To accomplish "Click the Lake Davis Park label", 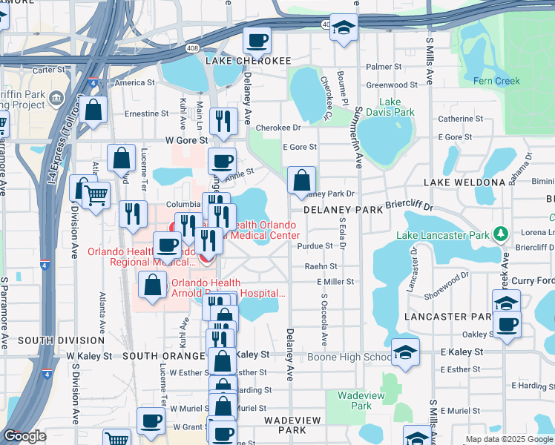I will (x=396, y=107).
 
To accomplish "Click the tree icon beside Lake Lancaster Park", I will (x=502, y=235).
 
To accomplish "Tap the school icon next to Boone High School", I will (x=405, y=354).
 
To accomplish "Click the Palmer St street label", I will (x=383, y=67).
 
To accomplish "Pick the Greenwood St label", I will (x=392, y=85).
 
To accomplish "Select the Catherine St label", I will (x=461, y=119).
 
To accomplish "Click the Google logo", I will (x=24, y=436).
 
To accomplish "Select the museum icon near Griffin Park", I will (x=55, y=98).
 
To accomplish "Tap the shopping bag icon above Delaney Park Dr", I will (x=301, y=179).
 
